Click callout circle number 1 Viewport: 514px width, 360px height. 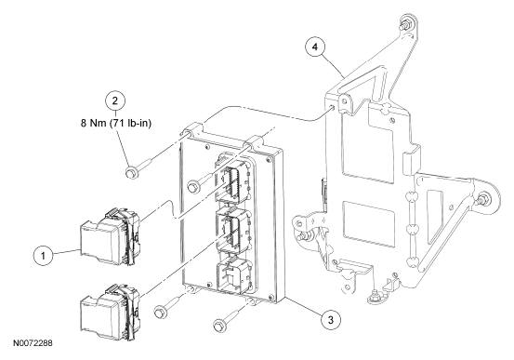pos(43,255)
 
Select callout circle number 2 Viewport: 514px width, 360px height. pos(114,100)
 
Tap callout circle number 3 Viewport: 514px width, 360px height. pos(331,319)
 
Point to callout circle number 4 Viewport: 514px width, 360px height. pos(315,47)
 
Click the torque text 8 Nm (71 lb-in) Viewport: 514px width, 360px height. pos(116,124)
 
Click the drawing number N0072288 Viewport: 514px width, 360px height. pos(33,343)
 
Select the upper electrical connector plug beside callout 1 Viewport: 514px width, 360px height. pos(111,235)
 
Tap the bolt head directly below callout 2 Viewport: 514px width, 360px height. pos(132,173)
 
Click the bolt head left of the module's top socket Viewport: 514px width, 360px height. pos(192,187)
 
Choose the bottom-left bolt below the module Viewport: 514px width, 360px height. pos(160,311)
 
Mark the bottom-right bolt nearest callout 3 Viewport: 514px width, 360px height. pos(219,325)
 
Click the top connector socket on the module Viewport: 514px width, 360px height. pos(233,178)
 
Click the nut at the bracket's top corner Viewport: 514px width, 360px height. pos(403,24)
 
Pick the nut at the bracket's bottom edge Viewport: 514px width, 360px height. pos(373,298)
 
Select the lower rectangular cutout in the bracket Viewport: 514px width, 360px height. pos(368,224)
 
